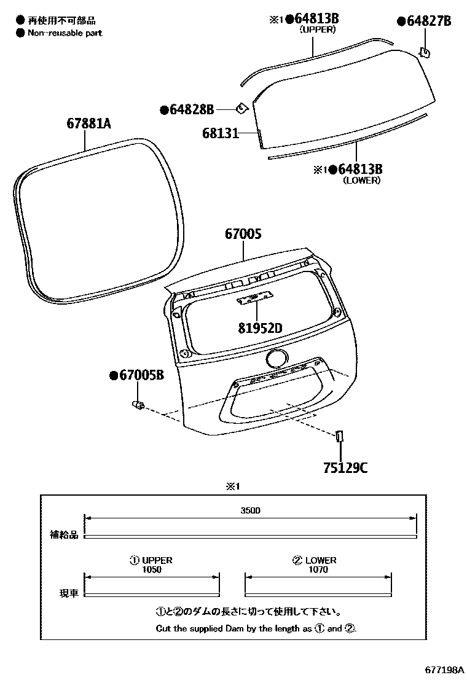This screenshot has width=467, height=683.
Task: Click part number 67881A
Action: click(x=88, y=124)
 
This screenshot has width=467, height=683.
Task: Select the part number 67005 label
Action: click(x=243, y=234)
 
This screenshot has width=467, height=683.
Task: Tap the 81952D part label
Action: click(x=260, y=328)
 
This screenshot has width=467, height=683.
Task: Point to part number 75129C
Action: click(x=345, y=469)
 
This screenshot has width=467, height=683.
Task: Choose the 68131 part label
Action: click(x=220, y=133)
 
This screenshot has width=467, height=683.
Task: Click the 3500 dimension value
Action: click(x=251, y=510)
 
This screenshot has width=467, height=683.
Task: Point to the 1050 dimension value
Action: click(x=151, y=569)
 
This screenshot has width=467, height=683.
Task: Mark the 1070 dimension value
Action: click(x=318, y=569)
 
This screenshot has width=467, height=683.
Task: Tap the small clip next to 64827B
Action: click(x=424, y=53)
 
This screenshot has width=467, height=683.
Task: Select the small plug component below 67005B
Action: click(x=139, y=405)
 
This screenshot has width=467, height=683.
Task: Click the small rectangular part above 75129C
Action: click(x=339, y=435)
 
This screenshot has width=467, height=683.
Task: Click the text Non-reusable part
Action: click(x=65, y=33)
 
